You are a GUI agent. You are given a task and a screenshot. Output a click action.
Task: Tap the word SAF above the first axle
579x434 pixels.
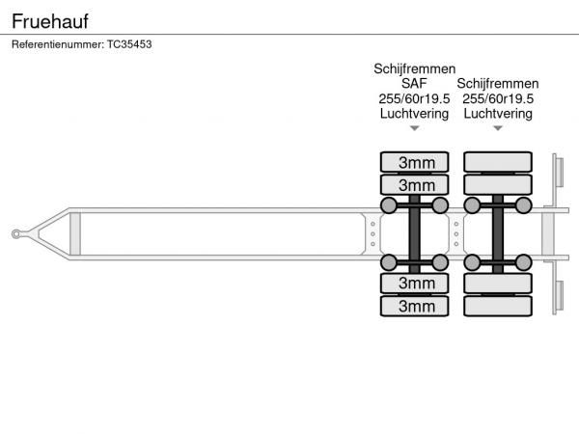click(x=414, y=84)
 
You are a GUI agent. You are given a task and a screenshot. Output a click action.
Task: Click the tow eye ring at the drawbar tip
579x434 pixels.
click(x=18, y=232)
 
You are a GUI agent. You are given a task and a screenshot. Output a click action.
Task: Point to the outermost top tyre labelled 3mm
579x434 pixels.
click(x=415, y=161)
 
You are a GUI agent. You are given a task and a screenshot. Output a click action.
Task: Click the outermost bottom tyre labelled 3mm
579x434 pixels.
click(x=415, y=307)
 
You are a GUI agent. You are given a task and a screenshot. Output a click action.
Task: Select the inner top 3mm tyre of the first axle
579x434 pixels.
click(x=415, y=184)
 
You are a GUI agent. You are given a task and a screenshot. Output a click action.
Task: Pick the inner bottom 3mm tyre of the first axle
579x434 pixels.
click(x=415, y=283)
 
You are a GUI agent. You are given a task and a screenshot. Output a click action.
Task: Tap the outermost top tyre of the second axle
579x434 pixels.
click(x=498, y=161)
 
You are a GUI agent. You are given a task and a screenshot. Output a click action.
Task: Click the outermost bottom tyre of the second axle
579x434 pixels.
click(x=498, y=307)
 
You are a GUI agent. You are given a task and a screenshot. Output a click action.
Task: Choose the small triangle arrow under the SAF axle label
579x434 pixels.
click(x=414, y=128)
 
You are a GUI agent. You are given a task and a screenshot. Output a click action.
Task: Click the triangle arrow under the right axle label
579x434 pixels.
click(x=498, y=128)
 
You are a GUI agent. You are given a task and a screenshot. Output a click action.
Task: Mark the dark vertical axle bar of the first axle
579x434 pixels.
click(x=415, y=233)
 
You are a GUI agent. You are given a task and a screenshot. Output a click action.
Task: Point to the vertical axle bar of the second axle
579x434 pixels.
click(x=498, y=233)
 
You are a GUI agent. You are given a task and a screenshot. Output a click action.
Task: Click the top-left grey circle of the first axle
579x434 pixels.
click(x=389, y=205)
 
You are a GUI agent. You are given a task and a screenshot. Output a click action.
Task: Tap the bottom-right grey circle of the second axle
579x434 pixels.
click(x=523, y=262)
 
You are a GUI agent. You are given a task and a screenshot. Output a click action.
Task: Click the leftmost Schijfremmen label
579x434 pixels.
click(x=414, y=69)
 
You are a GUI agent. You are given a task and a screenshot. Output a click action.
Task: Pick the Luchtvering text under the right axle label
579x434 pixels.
click(x=498, y=113)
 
